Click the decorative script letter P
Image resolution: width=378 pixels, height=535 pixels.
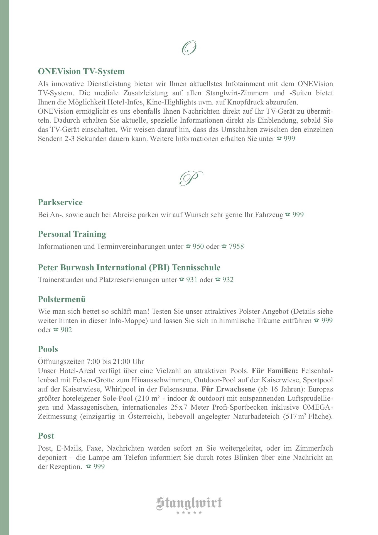click(x=191, y=178)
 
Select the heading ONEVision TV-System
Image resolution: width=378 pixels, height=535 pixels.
click(x=81, y=71)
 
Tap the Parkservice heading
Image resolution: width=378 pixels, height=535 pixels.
click(x=60, y=202)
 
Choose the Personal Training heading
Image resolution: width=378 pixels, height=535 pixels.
click(x=72, y=234)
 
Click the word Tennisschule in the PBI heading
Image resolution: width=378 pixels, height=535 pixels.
click(x=196, y=267)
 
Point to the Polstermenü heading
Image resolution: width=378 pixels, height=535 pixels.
click(x=62, y=299)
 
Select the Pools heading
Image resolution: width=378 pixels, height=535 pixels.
click(x=48, y=349)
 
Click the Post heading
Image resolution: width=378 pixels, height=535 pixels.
click(x=46, y=436)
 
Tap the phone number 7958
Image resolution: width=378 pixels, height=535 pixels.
click(x=236, y=247)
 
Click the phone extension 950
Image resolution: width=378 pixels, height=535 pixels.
click(x=198, y=247)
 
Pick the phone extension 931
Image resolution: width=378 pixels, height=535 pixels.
click(x=192, y=280)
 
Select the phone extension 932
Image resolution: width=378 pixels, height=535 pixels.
click(x=228, y=280)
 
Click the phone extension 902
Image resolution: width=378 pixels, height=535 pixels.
click(x=66, y=330)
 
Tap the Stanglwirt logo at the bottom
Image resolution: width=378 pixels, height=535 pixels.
click(x=189, y=503)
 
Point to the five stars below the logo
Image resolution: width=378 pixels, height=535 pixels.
click(x=189, y=513)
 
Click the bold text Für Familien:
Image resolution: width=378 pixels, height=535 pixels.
click(x=275, y=371)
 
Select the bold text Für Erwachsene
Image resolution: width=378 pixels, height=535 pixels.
click(x=228, y=389)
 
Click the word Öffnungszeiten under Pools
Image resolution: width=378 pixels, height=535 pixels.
click(x=61, y=362)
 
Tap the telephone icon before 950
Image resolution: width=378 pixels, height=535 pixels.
click(x=188, y=246)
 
